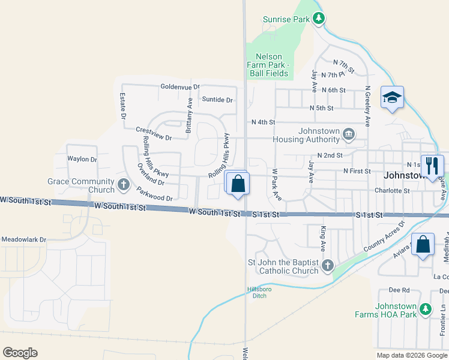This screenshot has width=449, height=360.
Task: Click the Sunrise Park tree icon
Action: pyautogui.click(x=319, y=19)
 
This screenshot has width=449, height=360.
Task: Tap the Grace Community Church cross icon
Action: pyautogui.click(x=124, y=184)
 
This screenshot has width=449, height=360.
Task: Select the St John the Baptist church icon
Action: pyautogui.click(x=328, y=265)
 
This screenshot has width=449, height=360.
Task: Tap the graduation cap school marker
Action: pyautogui.click(x=392, y=97)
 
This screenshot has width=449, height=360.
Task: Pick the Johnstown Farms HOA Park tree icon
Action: pyautogui.click(x=425, y=310)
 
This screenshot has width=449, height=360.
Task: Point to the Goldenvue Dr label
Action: pyautogui.click(x=180, y=86)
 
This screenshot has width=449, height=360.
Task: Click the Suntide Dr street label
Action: pyautogui.click(x=217, y=100)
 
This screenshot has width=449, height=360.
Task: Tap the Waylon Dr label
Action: pyautogui.click(x=82, y=160)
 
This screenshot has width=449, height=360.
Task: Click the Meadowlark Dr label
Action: pyautogui.click(x=23, y=239)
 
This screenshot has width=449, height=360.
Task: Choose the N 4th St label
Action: pyautogui.click(x=263, y=122)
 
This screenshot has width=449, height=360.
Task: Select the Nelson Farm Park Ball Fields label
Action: pyautogui.click(x=269, y=65)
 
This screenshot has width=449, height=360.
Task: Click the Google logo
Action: pyautogui.click(x=20, y=353)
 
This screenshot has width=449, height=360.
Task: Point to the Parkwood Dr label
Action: pyautogui.click(x=154, y=194)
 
